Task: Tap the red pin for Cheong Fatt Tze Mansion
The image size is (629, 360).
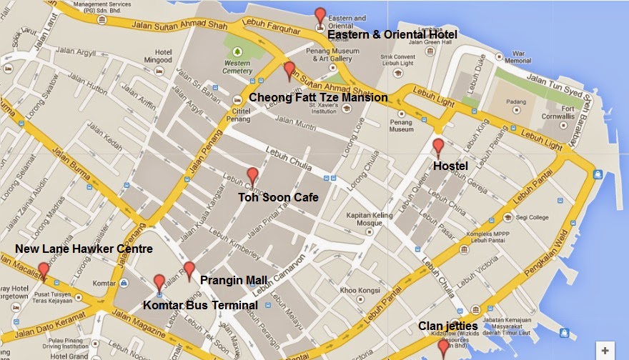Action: pyautogui.click(x=289, y=70)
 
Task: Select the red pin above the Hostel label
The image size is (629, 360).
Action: pyautogui.click(x=438, y=146)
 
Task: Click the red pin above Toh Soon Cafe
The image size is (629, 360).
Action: pyautogui.click(x=252, y=175)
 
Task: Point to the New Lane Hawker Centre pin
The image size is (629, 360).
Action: pyautogui.click(x=44, y=270)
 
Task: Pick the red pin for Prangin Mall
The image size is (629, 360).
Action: pyautogui.click(x=189, y=269)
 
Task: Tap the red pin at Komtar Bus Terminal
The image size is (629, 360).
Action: pyautogui.click(x=159, y=282)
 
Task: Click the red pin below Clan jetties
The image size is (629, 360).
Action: pyautogui.click(x=443, y=347)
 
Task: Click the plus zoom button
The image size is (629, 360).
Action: pyautogui.click(x=605, y=351)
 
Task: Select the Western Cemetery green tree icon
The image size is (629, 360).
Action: pyautogui.click(x=237, y=53)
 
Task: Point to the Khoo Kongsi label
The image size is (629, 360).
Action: pyautogui.click(x=357, y=290)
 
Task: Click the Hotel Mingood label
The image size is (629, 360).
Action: pyautogui.click(x=163, y=56)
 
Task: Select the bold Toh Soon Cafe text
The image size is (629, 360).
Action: pyautogui.click(x=277, y=197)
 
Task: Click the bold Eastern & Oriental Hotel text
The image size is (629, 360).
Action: pyautogui.click(x=392, y=35)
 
